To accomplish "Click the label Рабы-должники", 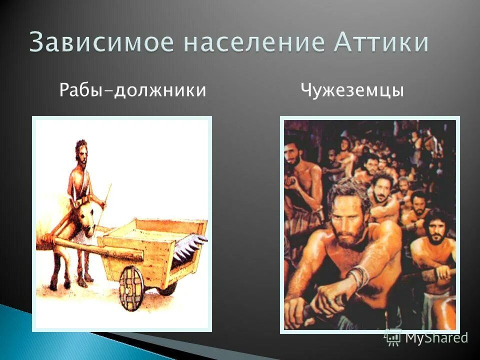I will click(132, 90).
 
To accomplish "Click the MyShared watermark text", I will click(436, 337).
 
